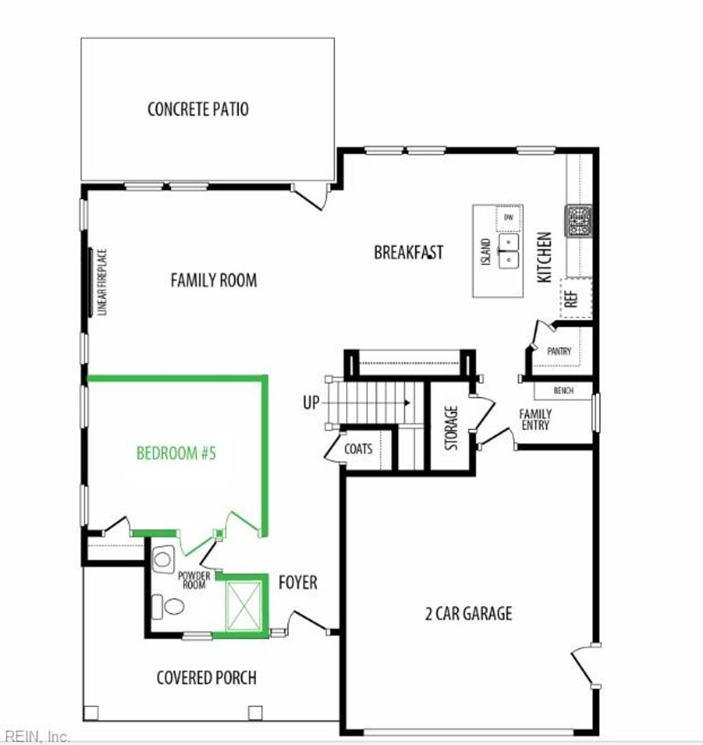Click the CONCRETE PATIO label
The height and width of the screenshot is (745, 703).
[198, 109]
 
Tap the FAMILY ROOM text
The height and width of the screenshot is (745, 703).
[214, 280]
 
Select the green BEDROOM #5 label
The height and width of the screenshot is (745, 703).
[176, 453]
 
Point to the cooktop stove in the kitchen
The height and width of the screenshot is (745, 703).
[578, 220]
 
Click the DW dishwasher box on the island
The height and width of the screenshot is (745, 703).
[509, 218]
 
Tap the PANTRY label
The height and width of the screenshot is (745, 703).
[560, 351]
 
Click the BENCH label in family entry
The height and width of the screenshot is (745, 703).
[563, 391]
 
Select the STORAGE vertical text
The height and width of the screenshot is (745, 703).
[451, 428]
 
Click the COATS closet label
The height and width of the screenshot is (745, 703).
[358, 449]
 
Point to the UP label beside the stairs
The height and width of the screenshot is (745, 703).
[311, 402]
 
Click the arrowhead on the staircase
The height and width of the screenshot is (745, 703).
[408, 403]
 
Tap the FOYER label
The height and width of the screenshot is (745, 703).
[298, 583]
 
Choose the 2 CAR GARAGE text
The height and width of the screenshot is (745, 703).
[468, 613]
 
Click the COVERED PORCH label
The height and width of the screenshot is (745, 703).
[207, 678]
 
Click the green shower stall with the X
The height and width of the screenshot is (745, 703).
[244, 606]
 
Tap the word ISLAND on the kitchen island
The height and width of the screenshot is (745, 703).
[486, 253]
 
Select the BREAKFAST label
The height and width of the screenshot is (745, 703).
[408, 253]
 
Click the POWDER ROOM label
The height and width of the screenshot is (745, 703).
[194, 580]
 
